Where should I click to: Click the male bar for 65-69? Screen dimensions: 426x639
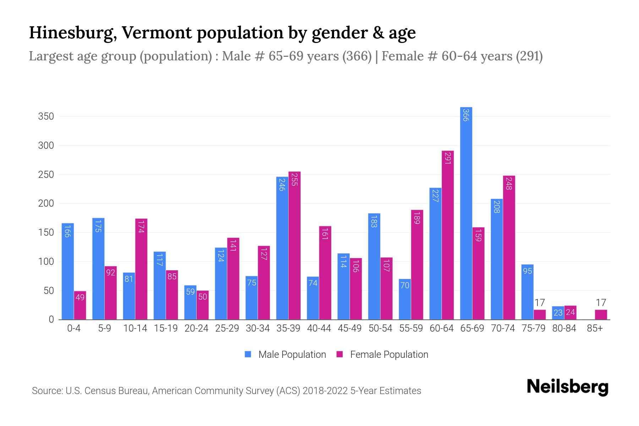click(x=466, y=213)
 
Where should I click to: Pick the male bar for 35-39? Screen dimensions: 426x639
click(x=282, y=248)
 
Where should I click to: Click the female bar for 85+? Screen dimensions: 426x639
click(x=601, y=315)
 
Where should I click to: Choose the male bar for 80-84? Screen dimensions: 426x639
click(x=558, y=313)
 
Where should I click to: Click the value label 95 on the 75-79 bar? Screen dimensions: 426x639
click(x=528, y=271)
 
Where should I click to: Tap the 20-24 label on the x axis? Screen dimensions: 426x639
click(x=196, y=328)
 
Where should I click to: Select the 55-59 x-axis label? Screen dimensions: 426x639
click(x=411, y=328)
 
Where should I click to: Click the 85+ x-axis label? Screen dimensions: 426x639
click(x=595, y=328)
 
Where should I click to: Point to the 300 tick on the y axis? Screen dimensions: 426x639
click(x=46, y=146)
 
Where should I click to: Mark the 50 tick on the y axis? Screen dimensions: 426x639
click(x=49, y=291)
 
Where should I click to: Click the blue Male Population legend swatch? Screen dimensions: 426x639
click(x=248, y=354)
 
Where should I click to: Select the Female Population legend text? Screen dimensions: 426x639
click(x=389, y=354)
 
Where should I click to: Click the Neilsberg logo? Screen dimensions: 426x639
click(x=567, y=387)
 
